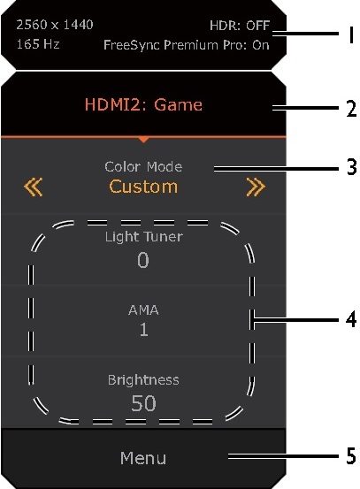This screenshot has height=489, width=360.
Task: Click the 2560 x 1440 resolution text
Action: click(x=55, y=25)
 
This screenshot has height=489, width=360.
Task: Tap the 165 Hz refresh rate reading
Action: click(x=38, y=44)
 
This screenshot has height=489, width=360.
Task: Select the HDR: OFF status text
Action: click(x=240, y=26)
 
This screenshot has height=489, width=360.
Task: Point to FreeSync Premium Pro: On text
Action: click(x=187, y=45)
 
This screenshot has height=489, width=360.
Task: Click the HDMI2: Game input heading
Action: click(x=143, y=104)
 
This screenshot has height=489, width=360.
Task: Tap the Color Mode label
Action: click(x=143, y=166)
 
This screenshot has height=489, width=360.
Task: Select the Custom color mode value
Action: click(x=143, y=187)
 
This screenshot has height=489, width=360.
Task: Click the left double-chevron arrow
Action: click(x=33, y=187)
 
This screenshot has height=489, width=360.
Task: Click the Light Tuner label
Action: click(x=144, y=237)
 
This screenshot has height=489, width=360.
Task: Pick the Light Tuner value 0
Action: click(x=143, y=260)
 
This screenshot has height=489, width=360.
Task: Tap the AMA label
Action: click(x=143, y=310)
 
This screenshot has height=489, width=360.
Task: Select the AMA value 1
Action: click(x=143, y=330)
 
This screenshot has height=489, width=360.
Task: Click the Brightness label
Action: click(x=143, y=380)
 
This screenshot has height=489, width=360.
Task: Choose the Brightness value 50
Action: click(x=143, y=403)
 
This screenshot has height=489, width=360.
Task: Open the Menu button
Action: click(x=143, y=458)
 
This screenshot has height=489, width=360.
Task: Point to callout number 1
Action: click(x=351, y=35)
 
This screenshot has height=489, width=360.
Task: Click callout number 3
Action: click(x=351, y=167)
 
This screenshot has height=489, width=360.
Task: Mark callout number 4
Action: click(x=351, y=319)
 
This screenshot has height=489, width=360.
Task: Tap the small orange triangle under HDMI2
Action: click(x=143, y=140)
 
